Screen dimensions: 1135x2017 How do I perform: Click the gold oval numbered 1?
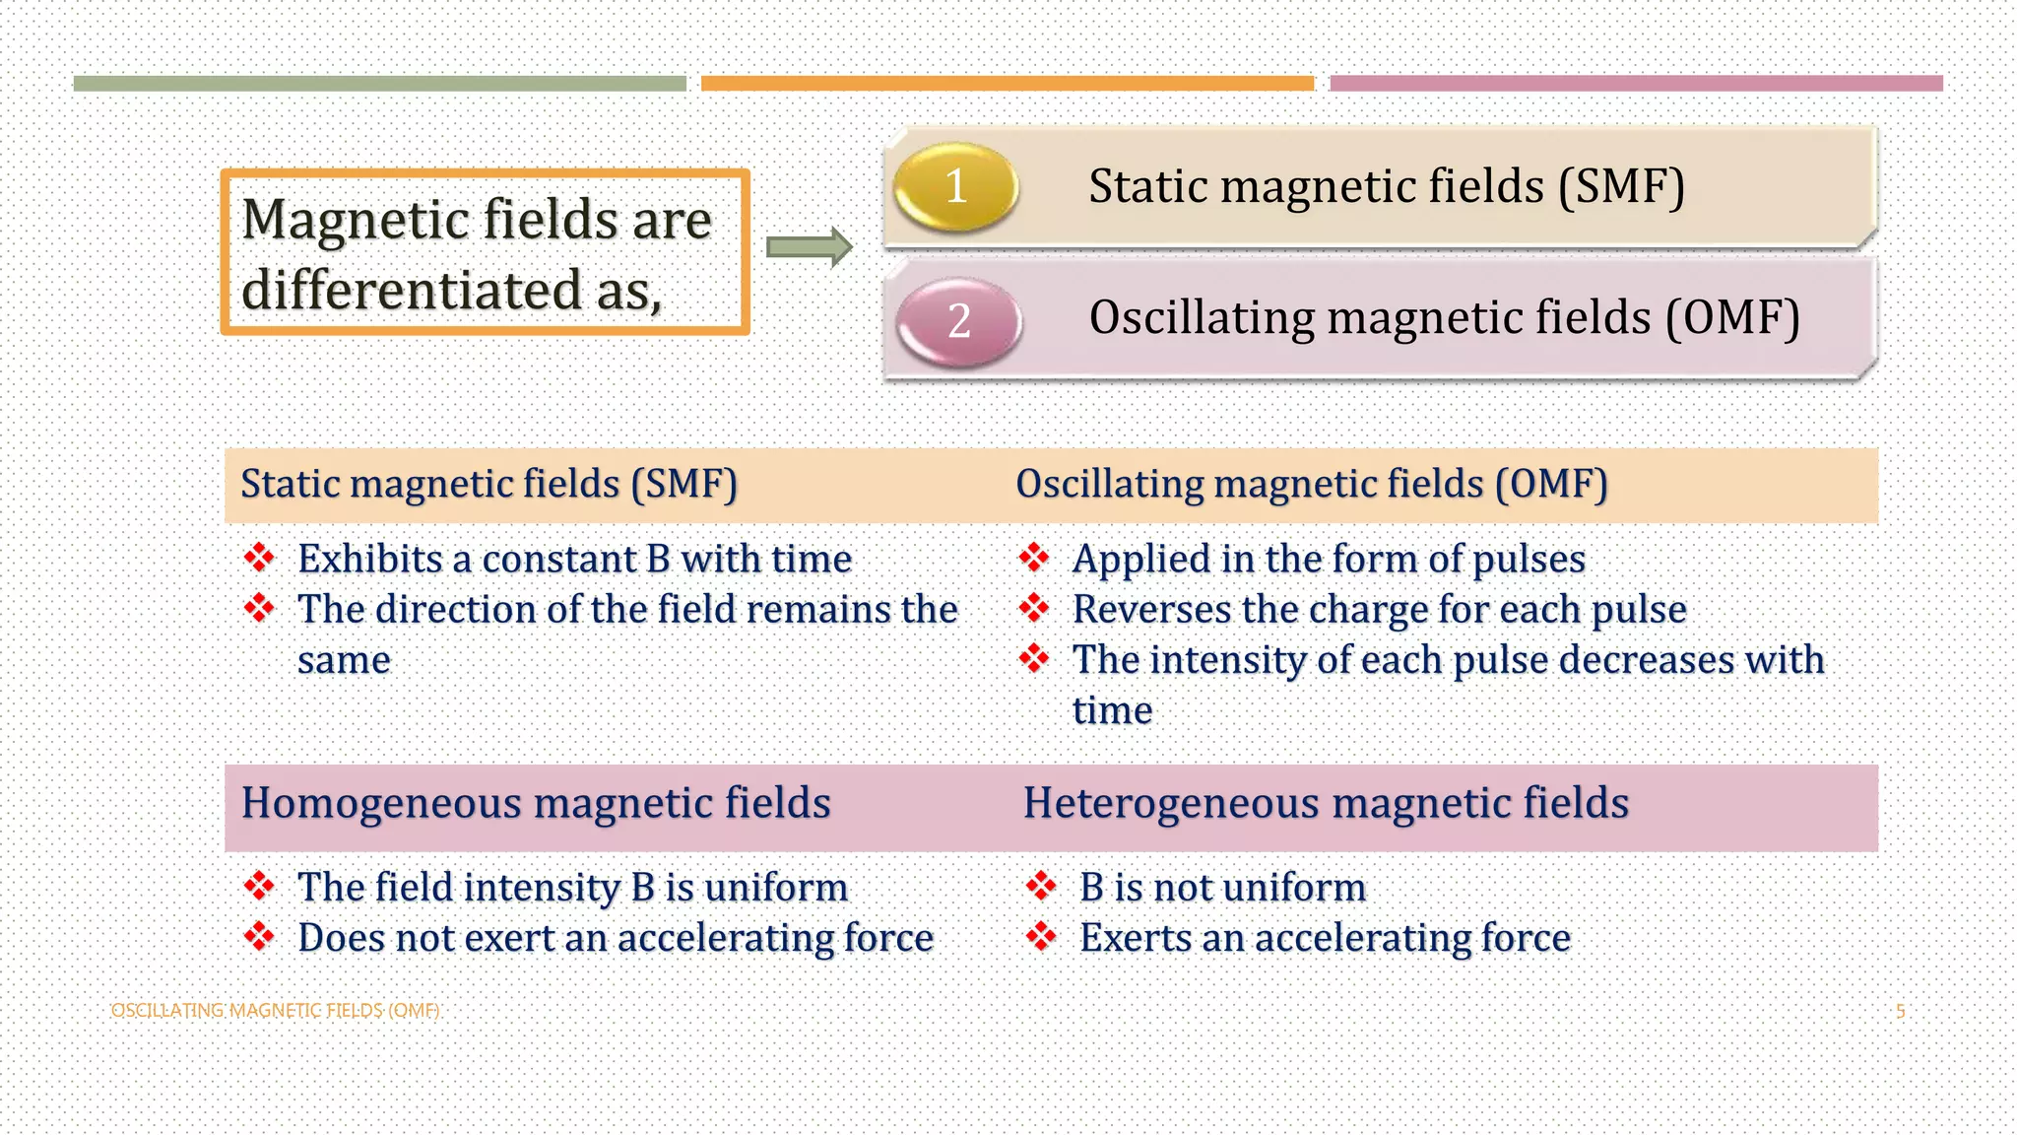tap(955, 186)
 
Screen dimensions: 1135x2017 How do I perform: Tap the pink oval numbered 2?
tap(959, 321)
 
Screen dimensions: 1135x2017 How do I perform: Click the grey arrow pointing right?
tap(809, 246)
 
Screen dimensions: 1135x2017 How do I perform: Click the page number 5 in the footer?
tap(1900, 1011)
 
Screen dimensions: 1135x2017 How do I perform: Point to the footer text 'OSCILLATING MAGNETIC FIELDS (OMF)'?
tap(275, 1011)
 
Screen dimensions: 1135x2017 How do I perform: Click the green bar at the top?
tap(379, 84)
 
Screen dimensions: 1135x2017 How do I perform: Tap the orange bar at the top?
tap(1007, 84)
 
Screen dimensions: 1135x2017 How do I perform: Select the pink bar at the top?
tap(1636, 84)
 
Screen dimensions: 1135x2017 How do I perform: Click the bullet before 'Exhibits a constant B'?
tap(259, 558)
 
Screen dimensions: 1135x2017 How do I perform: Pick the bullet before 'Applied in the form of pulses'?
tap(1034, 558)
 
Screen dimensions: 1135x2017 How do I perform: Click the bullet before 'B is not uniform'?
tap(1041, 886)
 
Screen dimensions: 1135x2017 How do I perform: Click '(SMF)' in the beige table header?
tap(683, 485)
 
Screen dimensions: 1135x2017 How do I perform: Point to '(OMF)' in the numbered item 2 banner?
tap(1732, 318)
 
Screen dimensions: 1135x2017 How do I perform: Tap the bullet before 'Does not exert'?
tap(259, 936)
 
